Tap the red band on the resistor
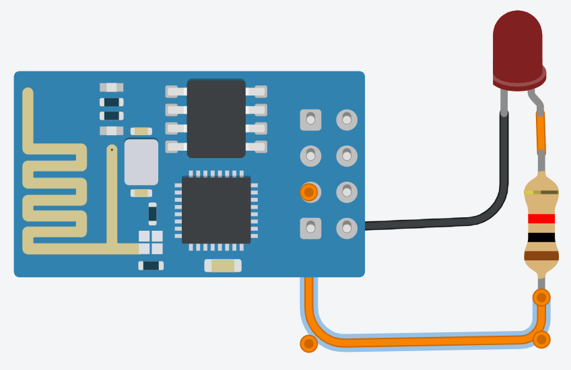tap(541, 219)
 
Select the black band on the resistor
tap(541, 237)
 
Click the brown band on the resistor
tap(541, 255)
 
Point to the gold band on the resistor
tap(541, 192)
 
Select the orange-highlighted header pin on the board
tap(309, 192)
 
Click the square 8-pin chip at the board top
tap(216, 118)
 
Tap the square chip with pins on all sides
tap(216, 210)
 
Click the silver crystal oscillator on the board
tap(141, 162)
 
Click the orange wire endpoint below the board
tap(308, 344)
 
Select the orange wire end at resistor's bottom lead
tap(541, 297)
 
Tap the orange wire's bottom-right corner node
tap(541, 339)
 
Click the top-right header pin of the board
tap(347, 120)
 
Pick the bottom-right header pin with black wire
tap(347, 228)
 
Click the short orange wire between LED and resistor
tap(541, 133)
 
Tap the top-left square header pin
tap(310, 120)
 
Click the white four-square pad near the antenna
tap(151, 242)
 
